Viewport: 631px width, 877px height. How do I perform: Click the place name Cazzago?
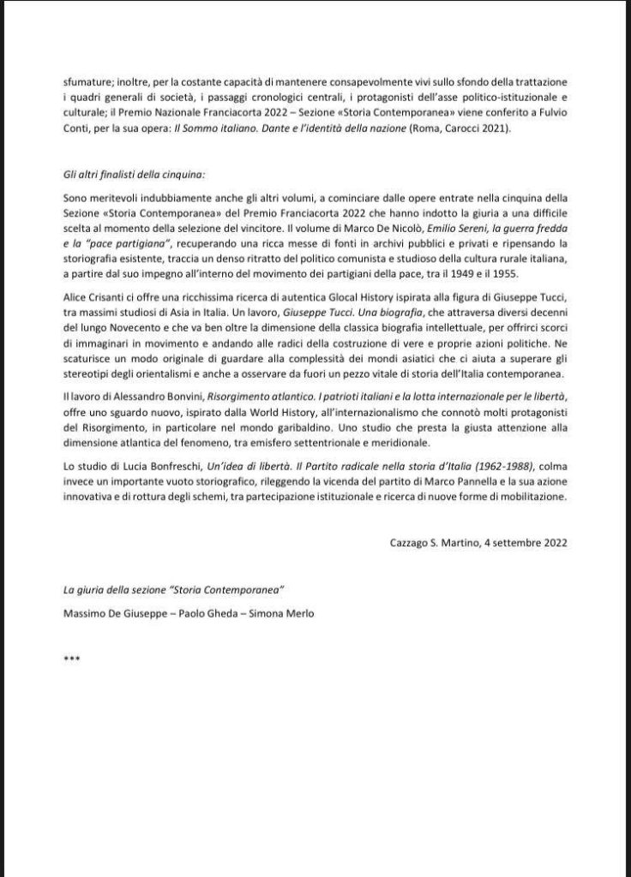[x=412, y=542]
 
